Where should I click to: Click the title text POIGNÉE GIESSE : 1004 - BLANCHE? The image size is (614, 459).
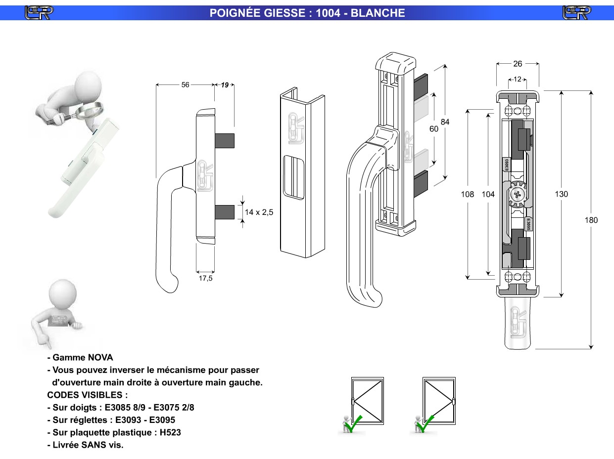307,13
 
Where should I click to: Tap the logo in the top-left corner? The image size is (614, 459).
39,13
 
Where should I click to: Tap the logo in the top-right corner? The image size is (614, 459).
576,13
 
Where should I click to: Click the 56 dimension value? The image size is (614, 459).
185,85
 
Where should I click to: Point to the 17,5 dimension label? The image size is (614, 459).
205,279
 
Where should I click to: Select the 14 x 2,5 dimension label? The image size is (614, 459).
259,212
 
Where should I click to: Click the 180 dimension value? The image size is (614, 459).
591,220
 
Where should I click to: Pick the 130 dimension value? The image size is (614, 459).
561,194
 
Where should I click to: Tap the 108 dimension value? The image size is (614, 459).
468,195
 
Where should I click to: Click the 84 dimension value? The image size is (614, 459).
445,122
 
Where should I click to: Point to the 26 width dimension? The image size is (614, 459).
518,64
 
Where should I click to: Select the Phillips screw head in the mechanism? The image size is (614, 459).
518,194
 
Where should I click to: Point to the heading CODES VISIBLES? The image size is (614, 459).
87,395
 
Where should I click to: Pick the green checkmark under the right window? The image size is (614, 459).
426,424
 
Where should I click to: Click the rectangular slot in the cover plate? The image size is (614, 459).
293,177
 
